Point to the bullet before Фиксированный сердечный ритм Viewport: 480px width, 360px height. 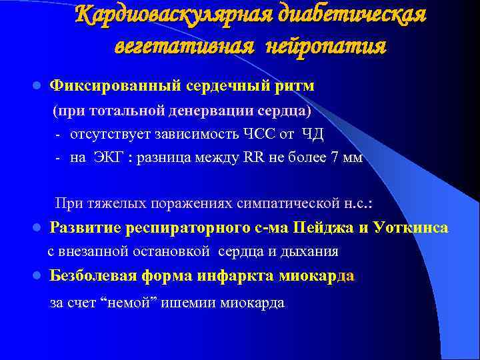(x=38, y=87)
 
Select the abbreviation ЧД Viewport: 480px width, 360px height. (x=313, y=135)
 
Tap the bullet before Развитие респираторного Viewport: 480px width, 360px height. (x=38, y=228)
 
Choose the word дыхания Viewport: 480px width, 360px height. (x=313, y=252)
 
